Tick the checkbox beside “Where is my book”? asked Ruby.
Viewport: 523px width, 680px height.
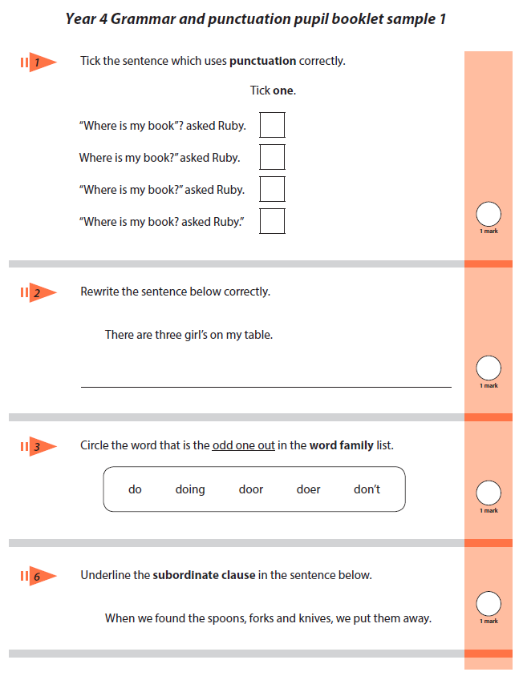273,125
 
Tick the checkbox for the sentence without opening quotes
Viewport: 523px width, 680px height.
273,157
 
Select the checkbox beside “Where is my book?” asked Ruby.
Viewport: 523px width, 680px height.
273,189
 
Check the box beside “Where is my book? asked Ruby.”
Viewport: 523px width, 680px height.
273,221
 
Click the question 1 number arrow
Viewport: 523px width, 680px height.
39,62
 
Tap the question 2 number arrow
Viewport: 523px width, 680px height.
39,292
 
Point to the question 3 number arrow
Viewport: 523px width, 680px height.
39,446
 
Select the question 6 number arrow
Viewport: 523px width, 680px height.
39,576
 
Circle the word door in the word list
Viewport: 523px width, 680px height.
251,489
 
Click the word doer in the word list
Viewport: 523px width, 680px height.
308,489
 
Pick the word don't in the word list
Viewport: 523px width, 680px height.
367,489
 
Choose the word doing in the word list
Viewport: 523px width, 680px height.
190,489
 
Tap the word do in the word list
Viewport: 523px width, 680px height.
135,489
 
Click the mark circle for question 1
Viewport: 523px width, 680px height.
489,214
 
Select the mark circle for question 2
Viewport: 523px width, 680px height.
489,368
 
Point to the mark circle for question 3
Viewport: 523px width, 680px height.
489,493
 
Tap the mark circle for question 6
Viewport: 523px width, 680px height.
489,603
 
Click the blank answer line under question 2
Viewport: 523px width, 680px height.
266,386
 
